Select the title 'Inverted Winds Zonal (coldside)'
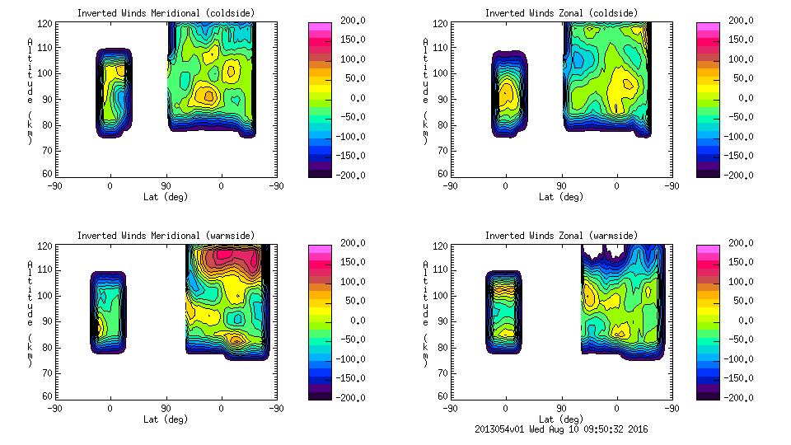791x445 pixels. coord(560,13)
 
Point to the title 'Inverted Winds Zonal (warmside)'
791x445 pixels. coord(560,236)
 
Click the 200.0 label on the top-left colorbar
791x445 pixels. coord(349,21)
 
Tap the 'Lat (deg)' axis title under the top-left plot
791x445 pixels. coord(165,197)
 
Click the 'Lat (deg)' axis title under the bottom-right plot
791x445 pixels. coord(560,419)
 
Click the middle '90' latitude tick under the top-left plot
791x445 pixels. coord(165,187)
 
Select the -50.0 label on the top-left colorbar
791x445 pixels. coord(349,117)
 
